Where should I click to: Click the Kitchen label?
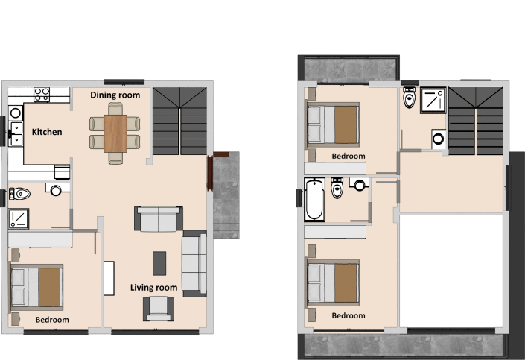(x=47, y=132)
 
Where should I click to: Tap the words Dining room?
(x=115, y=95)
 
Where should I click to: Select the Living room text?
(x=153, y=288)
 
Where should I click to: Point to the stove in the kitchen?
(x=42, y=94)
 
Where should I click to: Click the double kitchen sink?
(x=16, y=132)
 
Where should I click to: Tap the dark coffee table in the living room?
(x=159, y=262)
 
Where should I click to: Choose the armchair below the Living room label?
(x=159, y=307)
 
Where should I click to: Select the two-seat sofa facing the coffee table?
(x=159, y=219)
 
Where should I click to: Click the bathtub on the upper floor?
(x=314, y=199)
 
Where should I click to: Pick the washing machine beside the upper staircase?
(x=439, y=139)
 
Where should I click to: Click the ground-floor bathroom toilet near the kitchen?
(x=20, y=194)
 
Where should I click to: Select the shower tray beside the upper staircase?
(x=433, y=101)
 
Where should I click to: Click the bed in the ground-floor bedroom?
(x=36, y=287)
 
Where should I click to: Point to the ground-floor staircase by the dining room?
(x=180, y=121)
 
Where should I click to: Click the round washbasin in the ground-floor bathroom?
(x=56, y=191)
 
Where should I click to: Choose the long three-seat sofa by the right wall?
(x=194, y=263)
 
